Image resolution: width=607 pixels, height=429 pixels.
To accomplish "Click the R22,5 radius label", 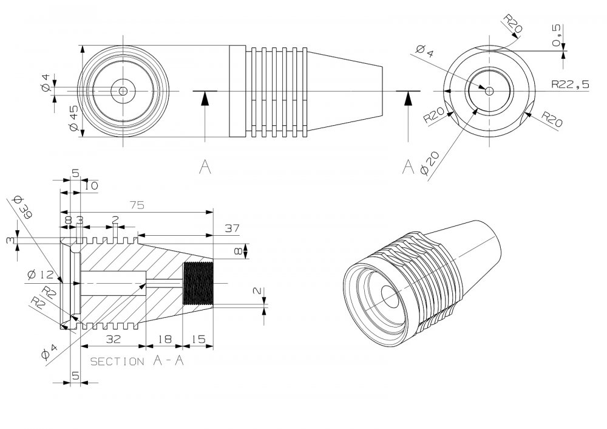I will pyautogui.click(x=570, y=85).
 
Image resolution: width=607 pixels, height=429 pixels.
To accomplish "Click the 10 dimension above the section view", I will pyautogui.click(x=91, y=185).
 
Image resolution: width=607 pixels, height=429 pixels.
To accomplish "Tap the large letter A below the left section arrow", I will pyautogui.click(x=205, y=168).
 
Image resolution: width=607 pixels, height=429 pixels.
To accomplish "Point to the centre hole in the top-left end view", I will pyautogui.click(x=123, y=91).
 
